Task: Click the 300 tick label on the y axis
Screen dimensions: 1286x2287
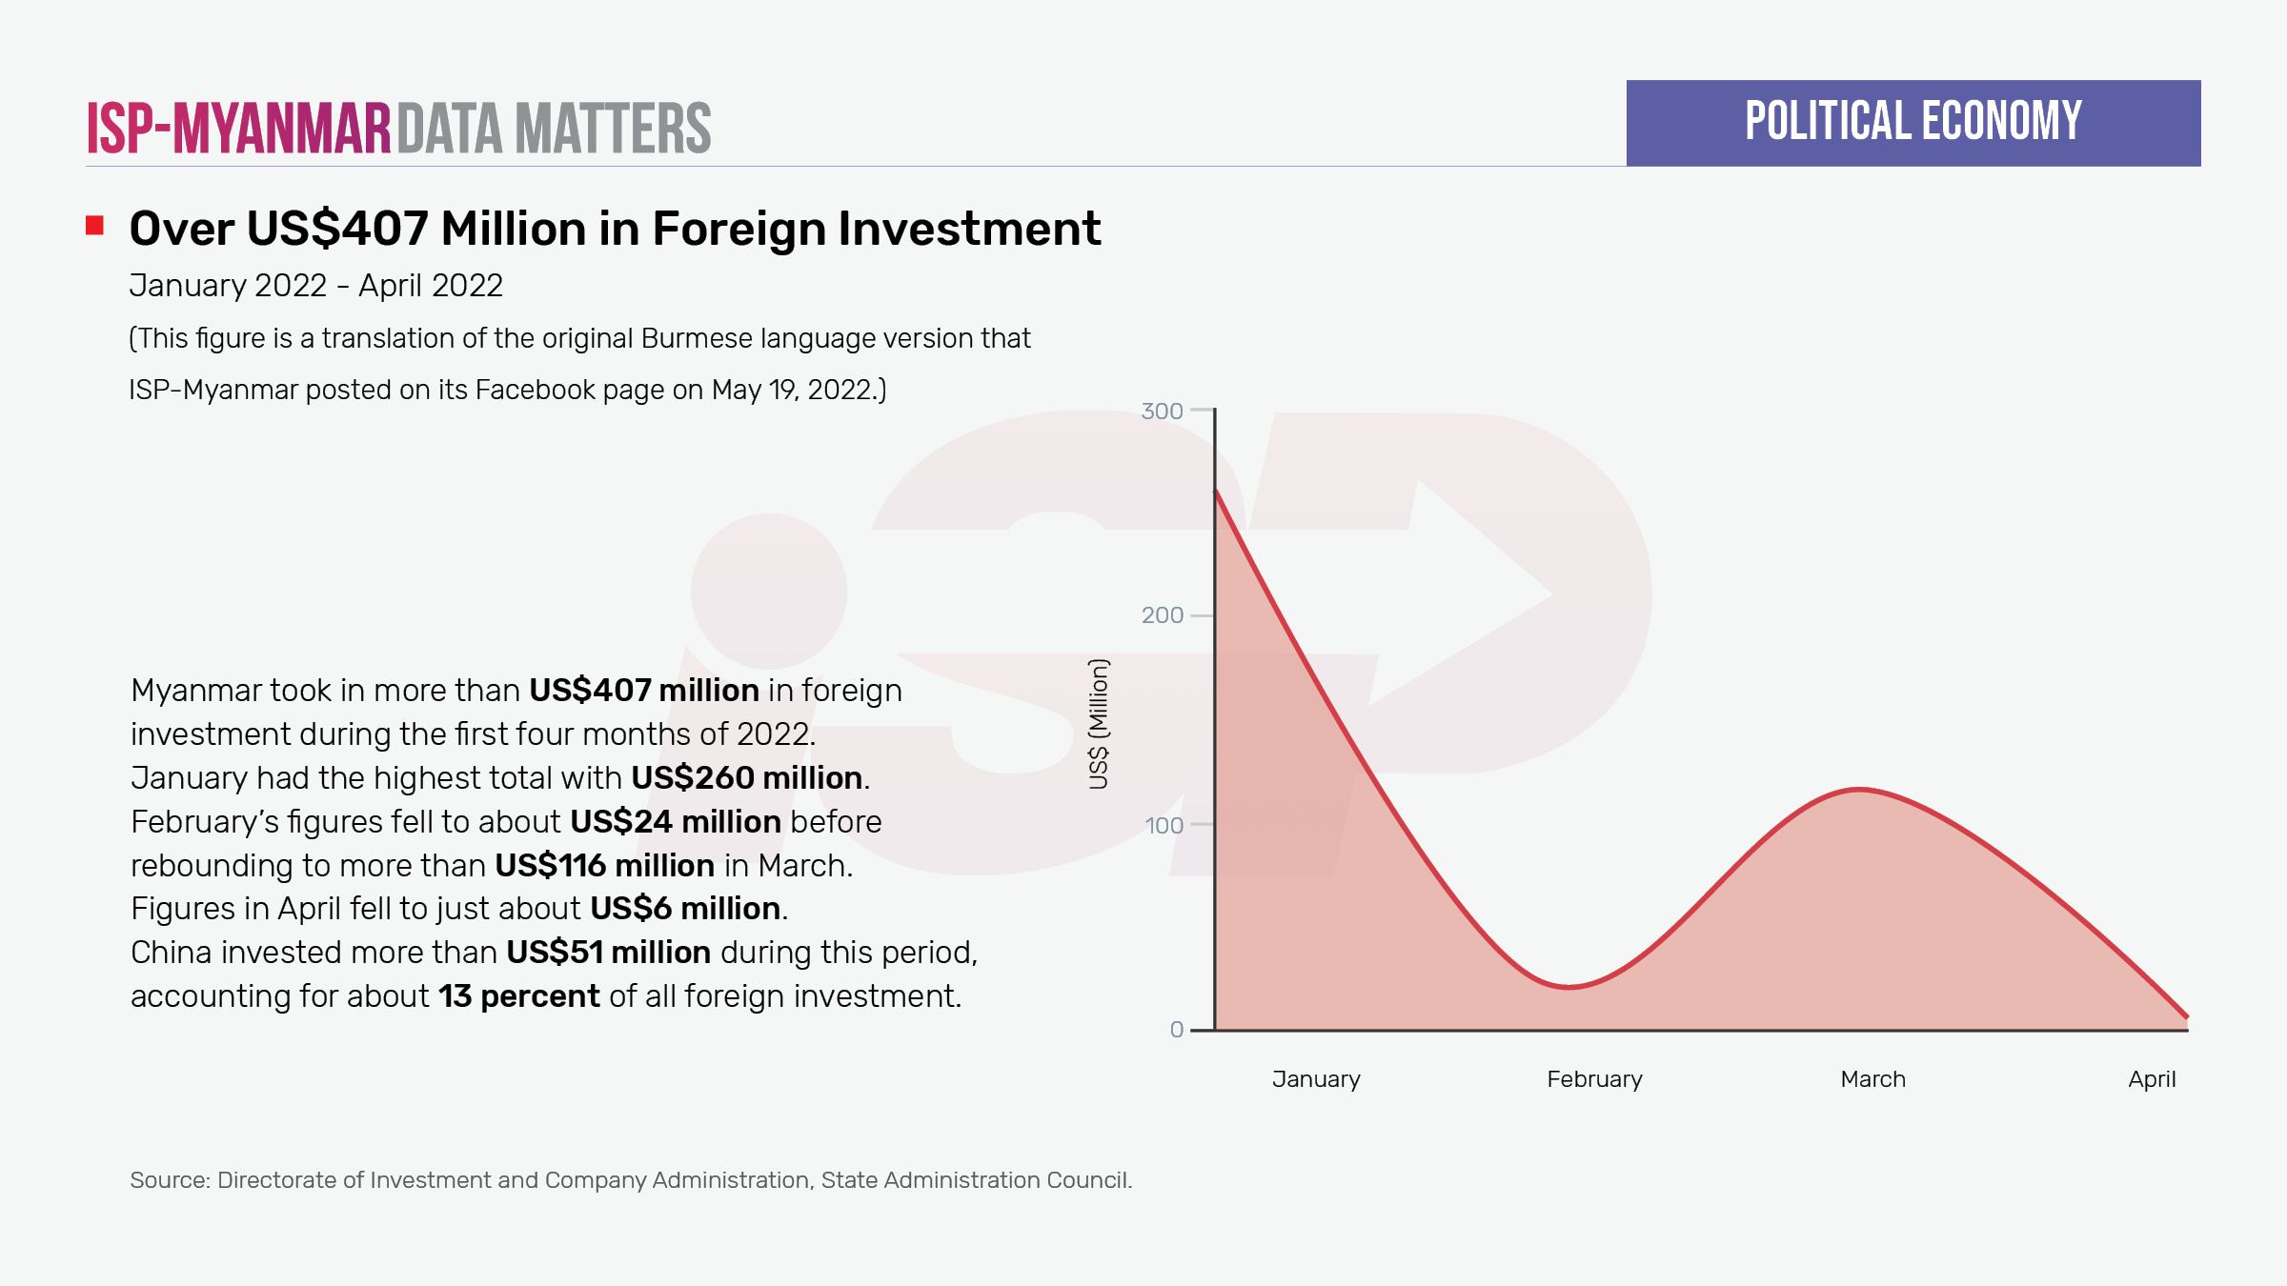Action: [1162, 412]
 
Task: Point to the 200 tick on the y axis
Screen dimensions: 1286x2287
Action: [1163, 615]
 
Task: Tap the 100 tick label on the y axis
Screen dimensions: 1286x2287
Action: [1164, 825]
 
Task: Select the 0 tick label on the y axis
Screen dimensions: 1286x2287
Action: [1177, 1030]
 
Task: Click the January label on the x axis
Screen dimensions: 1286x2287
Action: [1316, 1079]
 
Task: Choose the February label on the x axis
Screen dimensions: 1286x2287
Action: [1594, 1079]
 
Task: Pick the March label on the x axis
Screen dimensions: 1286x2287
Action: [1872, 1079]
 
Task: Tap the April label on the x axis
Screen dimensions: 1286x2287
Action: [2152, 1079]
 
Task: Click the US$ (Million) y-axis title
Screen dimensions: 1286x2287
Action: [1099, 724]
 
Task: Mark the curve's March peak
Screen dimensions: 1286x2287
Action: [1858, 790]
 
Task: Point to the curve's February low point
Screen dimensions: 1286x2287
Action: [1569, 987]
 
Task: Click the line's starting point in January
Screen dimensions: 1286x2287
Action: [1216, 491]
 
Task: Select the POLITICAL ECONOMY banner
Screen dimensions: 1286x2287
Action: [1913, 123]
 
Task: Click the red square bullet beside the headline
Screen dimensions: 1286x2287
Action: [94, 226]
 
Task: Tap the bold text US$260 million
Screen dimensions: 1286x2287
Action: [746, 778]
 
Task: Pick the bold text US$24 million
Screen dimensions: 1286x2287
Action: [675, 822]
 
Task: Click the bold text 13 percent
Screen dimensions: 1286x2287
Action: [518, 996]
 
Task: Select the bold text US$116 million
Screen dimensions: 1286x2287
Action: [604, 866]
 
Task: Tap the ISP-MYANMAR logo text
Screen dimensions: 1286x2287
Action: [239, 129]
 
